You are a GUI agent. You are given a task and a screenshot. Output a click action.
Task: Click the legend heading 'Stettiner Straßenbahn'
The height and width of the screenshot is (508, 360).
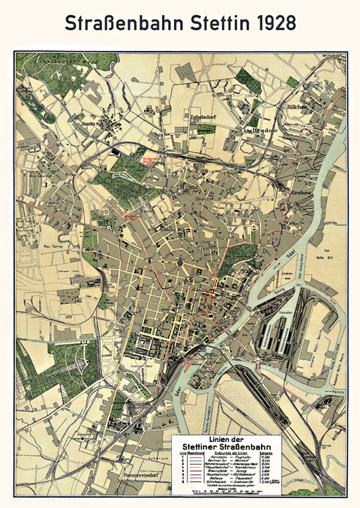pyautogui.click(x=228, y=446)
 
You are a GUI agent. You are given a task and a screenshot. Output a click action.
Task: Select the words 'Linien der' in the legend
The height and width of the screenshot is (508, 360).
pyautogui.click(x=228, y=438)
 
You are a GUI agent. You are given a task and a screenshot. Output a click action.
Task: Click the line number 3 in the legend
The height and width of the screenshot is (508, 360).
pyautogui.click(x=181, y=467)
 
